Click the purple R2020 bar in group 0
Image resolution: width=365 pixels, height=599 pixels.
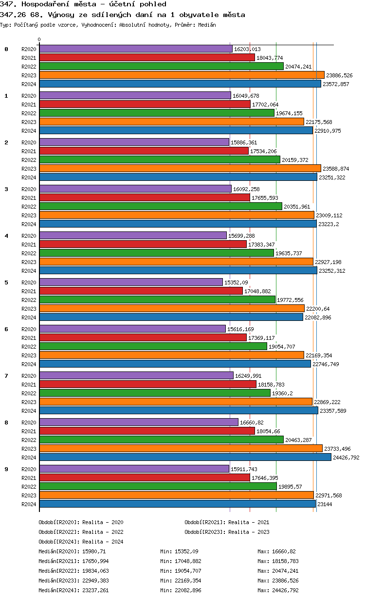pos(136,49)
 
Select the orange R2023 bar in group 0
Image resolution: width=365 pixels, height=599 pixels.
pos(182,75)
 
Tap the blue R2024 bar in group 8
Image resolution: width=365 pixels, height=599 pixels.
pos(185,458)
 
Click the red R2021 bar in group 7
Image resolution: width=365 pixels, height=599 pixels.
pos(147,385)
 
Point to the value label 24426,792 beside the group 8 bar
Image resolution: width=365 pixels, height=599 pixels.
pos(346,458)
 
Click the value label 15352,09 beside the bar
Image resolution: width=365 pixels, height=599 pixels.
pos(236,282)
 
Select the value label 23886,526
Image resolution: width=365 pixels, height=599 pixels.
pos(339,75)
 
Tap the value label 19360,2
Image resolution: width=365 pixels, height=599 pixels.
pos(284,393)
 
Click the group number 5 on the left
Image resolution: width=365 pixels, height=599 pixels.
pos(6,282)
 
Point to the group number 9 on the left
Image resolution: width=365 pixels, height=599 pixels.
pos(6,469)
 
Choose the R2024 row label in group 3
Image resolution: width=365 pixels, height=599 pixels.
pos(29,224)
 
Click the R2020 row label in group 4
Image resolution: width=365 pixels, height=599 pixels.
pos(29,236)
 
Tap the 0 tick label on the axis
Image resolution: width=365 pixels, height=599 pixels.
pos(39,40)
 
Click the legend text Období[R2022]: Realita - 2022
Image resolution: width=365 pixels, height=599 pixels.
pos(81,532)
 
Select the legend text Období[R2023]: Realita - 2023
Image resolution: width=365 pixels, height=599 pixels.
pos(227,532)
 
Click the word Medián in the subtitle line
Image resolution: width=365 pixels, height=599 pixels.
pos(207,25)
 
